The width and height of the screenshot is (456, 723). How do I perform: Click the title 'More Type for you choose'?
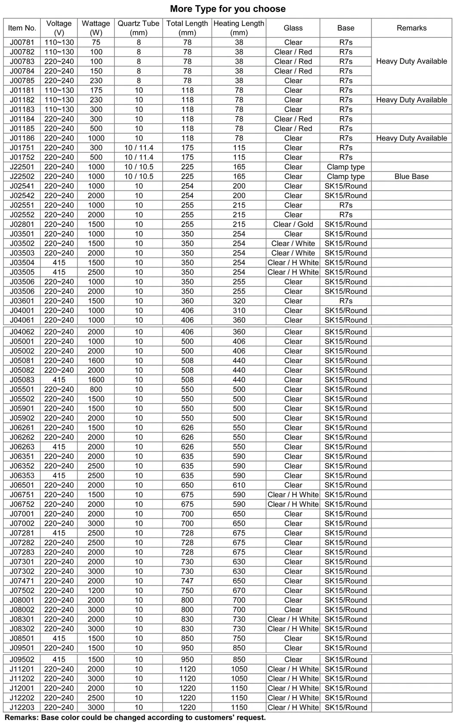pyautogui.click(x=228, y=9)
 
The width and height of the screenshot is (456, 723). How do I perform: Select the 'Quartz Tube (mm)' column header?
pyautogui.click(x=139, y=28)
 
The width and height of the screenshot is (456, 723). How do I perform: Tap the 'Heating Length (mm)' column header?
pyautogui.click(x=239, y=28)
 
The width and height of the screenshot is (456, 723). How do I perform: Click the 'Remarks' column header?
pyautogui.click(x=411, y=28)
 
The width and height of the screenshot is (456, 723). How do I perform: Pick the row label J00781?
pyautogui.click(x=22, y=42)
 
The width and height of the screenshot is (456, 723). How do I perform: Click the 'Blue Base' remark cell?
pyautogui.click(x=411, y=176)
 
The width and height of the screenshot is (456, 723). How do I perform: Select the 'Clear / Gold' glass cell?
pyautogui.click(x=293, y=224)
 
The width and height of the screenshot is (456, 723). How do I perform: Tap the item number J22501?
pyautogui.click(x=22, y=167)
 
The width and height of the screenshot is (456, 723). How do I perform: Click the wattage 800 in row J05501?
pyautogui.click(x=96, y=389)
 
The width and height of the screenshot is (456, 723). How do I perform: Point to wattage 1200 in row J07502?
pyautogui.click(x=96, y=591)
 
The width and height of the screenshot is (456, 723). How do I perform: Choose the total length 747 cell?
pyautogui.click(x=187, y=581)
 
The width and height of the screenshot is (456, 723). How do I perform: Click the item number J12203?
pyautogui.click(x=22, y=707)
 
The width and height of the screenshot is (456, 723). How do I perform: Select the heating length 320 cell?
pyautogui.click(x=239, y=301)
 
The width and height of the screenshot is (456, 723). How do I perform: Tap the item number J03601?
pyautogui.click(x=22, y=301)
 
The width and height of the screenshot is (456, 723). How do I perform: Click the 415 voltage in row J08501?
pyautogui.click(x=59, y=638)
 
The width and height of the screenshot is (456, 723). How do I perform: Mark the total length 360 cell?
pyautogui.click(x=187, y=301)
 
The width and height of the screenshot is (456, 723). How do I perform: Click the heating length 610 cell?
pyautogui.click(x=239, y=485)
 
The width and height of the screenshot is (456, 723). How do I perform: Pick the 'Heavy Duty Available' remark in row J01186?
pyautogui.click(x=411, y=138)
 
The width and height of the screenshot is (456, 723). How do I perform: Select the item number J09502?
pyautogui.click(x=22, y=659)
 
